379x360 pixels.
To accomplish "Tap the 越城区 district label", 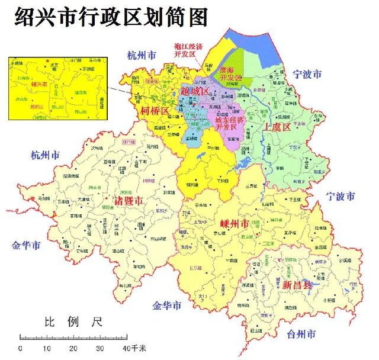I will point(195,92).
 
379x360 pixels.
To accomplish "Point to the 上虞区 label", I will point(277,127).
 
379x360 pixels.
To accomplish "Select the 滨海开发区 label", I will point(231,74).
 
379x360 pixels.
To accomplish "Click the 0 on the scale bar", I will point(21,348).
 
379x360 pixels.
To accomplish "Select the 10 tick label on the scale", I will point(46,348).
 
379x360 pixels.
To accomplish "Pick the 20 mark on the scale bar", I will point(73,348).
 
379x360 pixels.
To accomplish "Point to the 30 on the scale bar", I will point(99,348).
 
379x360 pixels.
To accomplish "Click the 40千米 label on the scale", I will point(129,348).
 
